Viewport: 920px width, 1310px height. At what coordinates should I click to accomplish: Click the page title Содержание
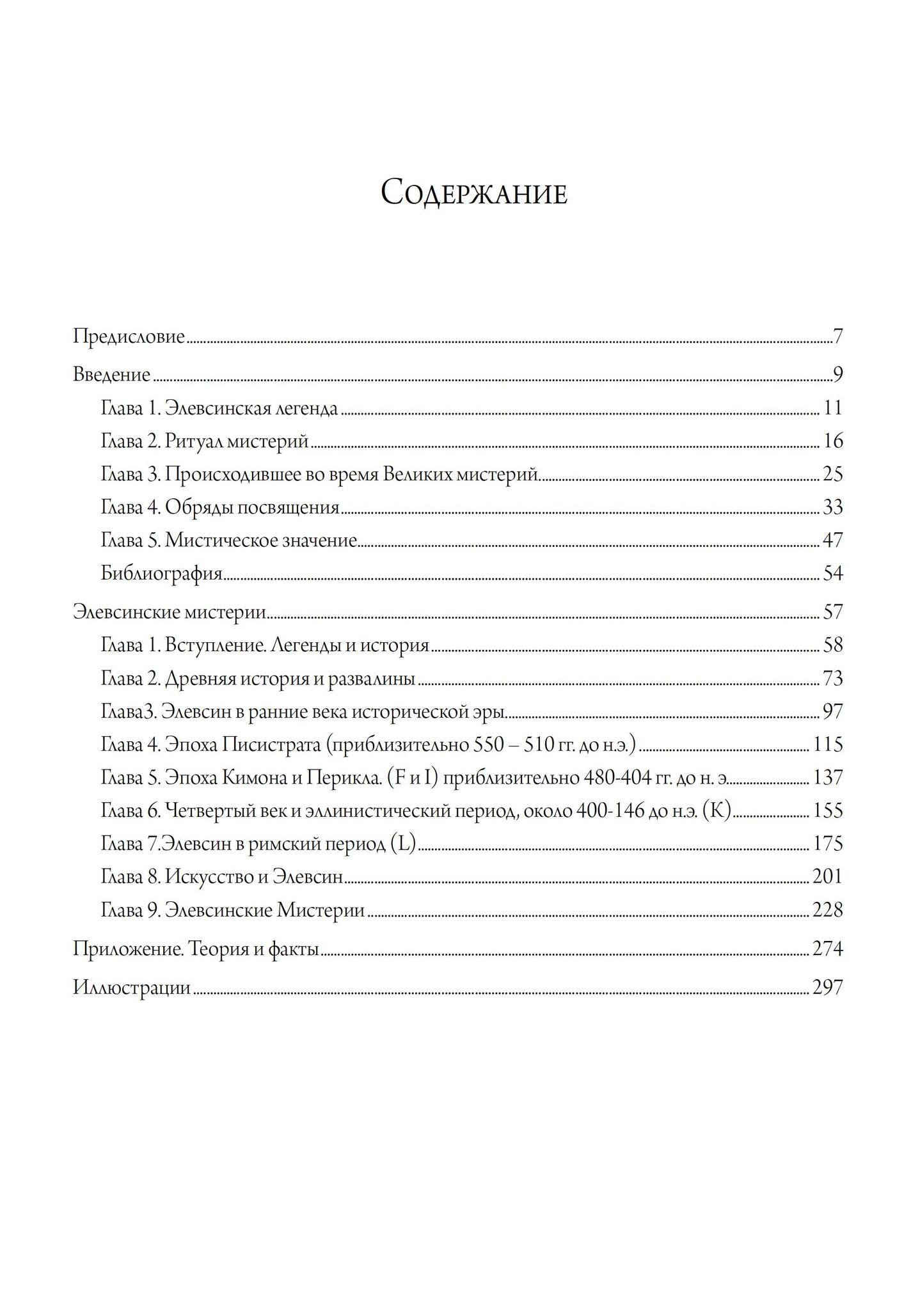[x=473, y=193]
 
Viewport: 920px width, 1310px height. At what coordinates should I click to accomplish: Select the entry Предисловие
[x=129, y=336]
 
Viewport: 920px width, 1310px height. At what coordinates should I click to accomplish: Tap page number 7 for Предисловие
[x=838, y=336]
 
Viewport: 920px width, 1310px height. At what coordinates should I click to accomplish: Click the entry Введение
[x=111, y=375]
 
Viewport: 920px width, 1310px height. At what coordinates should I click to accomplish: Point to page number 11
[x=833, y=408]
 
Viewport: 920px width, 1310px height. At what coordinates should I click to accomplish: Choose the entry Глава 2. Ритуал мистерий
[x=205, y=441]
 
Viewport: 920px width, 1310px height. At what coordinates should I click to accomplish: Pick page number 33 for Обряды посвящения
[x=832, y=508]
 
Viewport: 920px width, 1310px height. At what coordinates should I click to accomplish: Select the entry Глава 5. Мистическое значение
[x=228, y=541]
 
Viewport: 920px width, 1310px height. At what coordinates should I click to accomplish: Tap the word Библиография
[x=161, y=574]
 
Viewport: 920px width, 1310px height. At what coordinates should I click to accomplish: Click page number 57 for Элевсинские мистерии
[x=832, y=613]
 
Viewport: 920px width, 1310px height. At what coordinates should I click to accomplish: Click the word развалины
[x=371, y=679]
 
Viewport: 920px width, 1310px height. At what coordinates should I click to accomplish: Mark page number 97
[x=832, y=712]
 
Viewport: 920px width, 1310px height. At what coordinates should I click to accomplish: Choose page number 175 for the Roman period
[x=828, y=844]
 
